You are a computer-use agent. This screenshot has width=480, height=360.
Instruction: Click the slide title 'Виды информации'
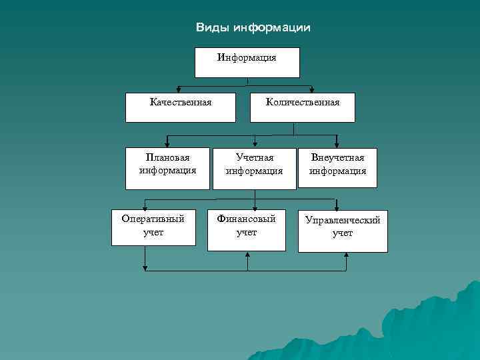[253, 28]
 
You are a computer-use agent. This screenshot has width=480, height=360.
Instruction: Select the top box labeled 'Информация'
[247, 62]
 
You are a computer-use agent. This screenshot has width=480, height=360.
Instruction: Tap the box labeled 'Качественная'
[181, 107]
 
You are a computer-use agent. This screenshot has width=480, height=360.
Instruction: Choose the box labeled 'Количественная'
[302, 107]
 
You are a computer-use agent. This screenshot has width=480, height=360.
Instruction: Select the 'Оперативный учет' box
[153, 227]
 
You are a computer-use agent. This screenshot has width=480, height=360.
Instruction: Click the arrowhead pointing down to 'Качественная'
[177, 89]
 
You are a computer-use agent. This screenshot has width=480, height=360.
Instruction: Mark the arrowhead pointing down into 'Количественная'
[312, 89]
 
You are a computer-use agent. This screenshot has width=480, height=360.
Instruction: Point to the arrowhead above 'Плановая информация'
[167, 143]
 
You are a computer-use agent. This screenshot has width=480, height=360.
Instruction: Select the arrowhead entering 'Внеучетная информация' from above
[337, 143]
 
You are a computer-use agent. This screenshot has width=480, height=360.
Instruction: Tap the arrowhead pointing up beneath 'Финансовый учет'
[247, 255]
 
